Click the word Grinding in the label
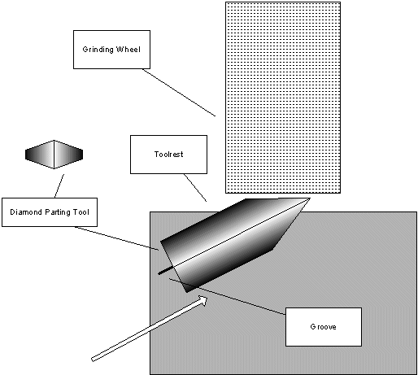coord(98,50)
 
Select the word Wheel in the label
coord(128,50)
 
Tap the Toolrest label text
coord(168,155)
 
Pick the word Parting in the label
coord(58,212)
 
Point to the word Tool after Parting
coord(81,211)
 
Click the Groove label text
coord(323,327)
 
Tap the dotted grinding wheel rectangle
coord(283,98)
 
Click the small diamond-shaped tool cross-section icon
coord(54,155)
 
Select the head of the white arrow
coord(203,300)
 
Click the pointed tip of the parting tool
coord(310,199)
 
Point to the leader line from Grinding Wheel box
coord(179,93)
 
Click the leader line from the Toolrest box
coord(195,188)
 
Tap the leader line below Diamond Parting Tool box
coord(116,238)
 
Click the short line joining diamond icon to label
coord(59,186)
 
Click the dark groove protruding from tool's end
coord(164,271)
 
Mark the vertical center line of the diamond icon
coord(54,155)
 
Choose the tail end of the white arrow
coord(93,360)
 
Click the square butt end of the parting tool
coord(174,267)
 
